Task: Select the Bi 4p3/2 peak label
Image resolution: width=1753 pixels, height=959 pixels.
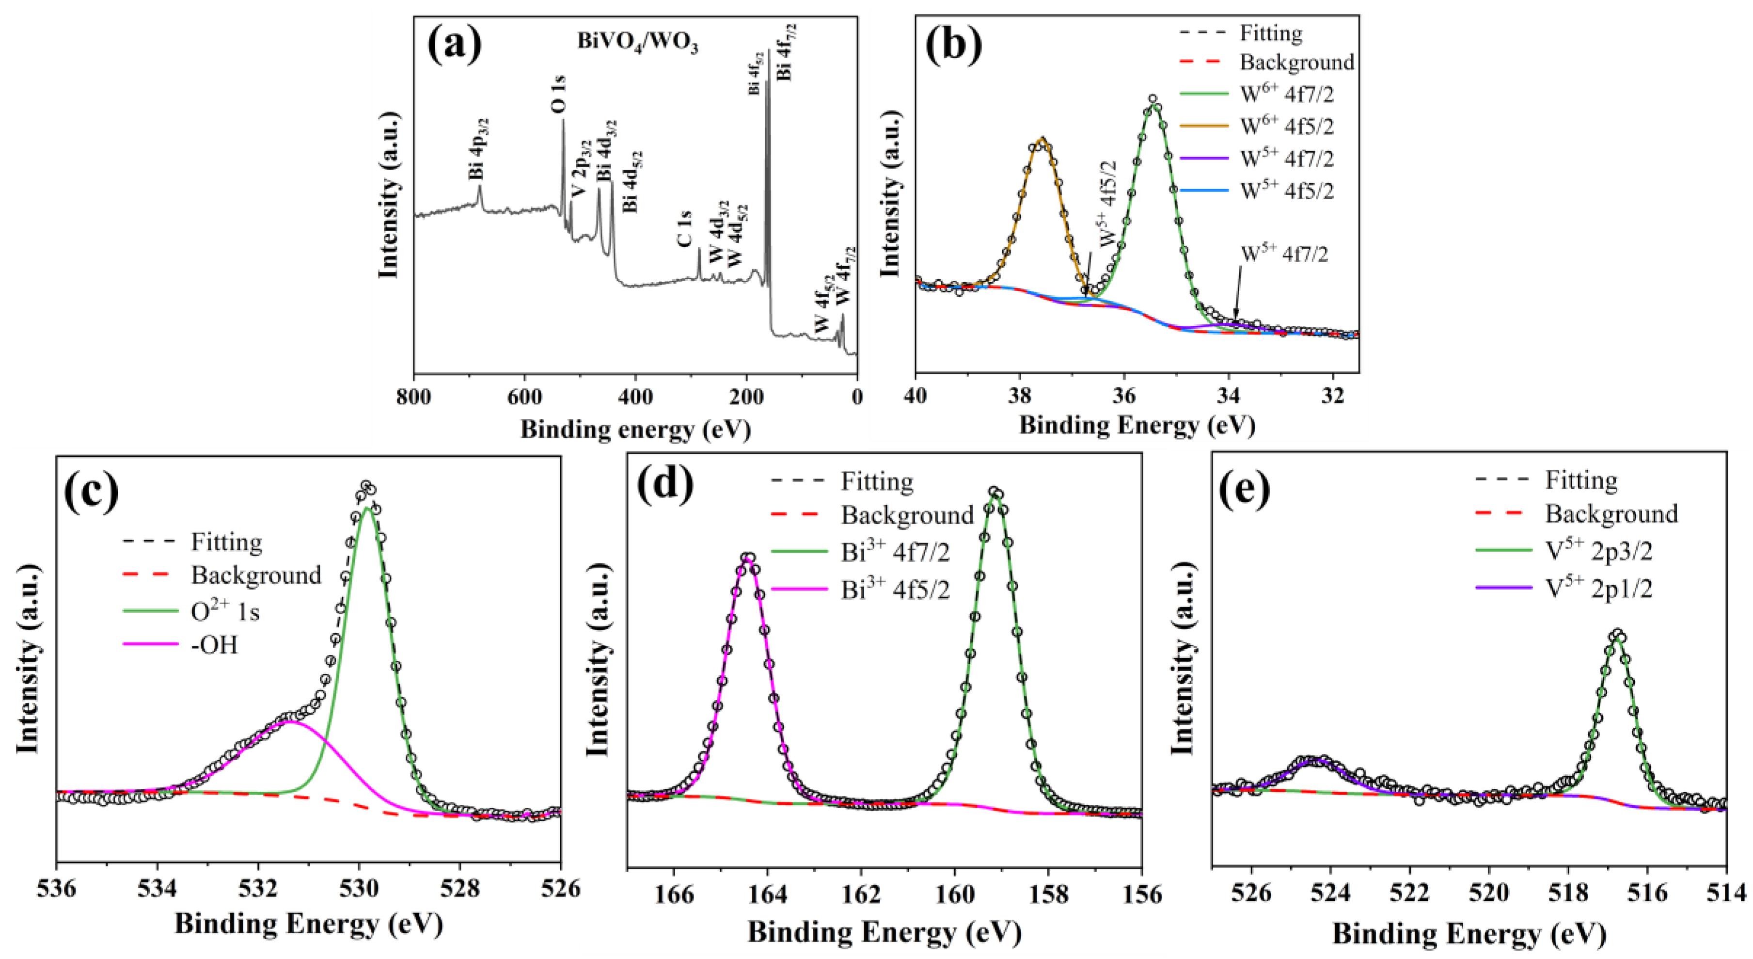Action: click(478, 148)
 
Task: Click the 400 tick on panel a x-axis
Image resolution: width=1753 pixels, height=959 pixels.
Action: click(635, 396)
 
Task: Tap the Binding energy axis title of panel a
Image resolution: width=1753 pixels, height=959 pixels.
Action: click(635, 430)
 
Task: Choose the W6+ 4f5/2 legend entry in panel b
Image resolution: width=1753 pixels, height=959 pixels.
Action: click(1286, 127)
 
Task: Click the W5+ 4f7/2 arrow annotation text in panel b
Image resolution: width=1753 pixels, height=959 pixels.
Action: click(1284, 255)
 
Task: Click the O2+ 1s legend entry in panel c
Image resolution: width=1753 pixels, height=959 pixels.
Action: click(224, 612)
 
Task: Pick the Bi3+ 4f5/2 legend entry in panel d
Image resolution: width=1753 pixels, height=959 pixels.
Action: click(894, 590)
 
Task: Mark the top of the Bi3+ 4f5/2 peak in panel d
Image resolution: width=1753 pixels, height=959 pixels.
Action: click(748, 558)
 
